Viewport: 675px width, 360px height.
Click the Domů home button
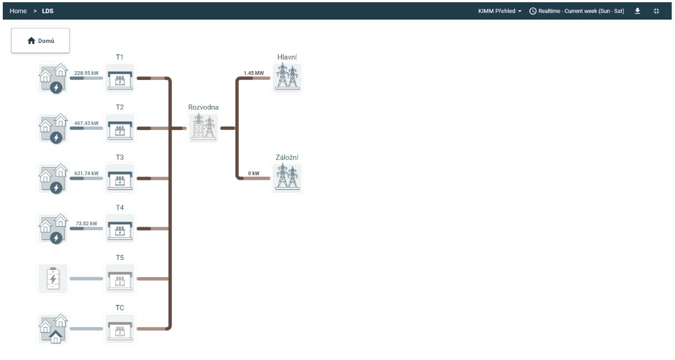click(x=40, y=41)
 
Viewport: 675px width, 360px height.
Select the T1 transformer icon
click(x=120, y=78)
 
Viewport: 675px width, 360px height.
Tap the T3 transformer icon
click(x=120, y=178)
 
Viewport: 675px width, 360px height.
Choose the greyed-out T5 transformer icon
click(x=120, y=279)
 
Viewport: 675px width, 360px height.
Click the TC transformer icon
click(x=120, y=329)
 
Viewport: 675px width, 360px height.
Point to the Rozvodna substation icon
click(x=204, y=128)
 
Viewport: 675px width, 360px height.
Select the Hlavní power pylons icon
click(x=287, y=78)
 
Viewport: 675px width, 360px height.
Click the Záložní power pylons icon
click(x=287, y=178)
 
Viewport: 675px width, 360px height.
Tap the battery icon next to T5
click(x=53, y=279)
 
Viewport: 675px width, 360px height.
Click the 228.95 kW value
click(x=86, y=73)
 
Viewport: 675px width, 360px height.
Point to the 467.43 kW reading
click(x=86, y=123)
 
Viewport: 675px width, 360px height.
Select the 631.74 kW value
click(x=86, y=173)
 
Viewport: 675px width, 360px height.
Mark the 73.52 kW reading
click(x=86, y=223)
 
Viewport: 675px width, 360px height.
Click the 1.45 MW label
click(x=254, y=73)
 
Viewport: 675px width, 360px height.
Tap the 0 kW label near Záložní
click(x=254, y=173)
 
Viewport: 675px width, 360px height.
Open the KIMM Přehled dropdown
click(x=500, y=11)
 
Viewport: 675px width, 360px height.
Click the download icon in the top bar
click(x=638, y=11)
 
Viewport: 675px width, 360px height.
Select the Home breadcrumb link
click(x=18, y=11)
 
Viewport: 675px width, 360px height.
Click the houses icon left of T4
click(x=53, y=229)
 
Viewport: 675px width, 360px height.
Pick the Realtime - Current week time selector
click(x=577, y=11)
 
